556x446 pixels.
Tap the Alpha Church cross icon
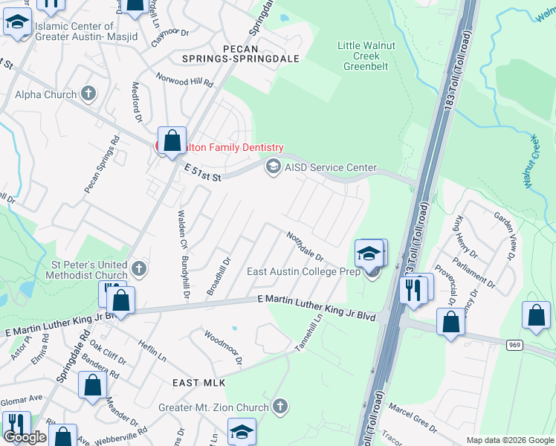pos(88,94)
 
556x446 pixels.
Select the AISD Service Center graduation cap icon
pos(273,167)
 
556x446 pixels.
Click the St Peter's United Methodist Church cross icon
pos(138,268)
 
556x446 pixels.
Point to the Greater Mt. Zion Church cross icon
pos(279,406)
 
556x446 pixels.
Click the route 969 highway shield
pos(514,345)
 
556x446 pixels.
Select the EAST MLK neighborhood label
pos(198,382)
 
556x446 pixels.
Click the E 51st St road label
pos(204,173)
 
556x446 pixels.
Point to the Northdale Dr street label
pos(306,245)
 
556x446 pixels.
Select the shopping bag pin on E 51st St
pos(172,140)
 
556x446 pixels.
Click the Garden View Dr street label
pos(505,236)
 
